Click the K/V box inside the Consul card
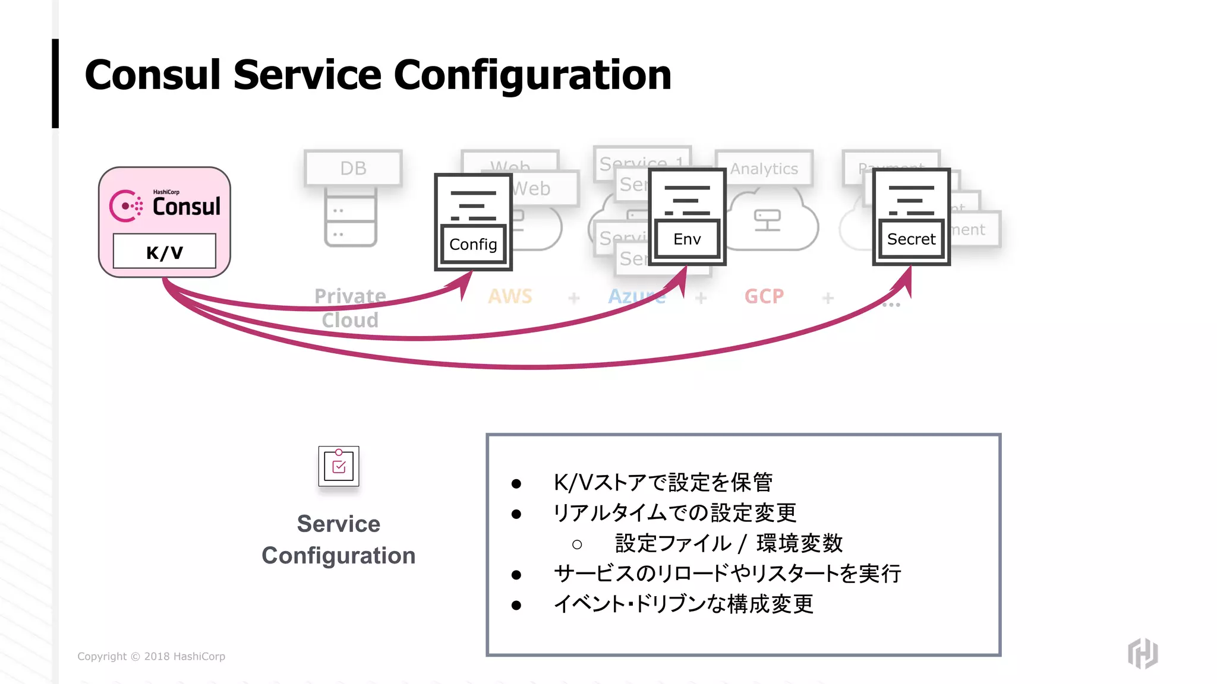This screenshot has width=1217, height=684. tap(164, 252)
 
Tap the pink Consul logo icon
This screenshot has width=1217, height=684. tap(125, 206)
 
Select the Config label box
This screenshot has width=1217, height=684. tap(473, 244)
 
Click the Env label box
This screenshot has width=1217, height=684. tap(687, 239)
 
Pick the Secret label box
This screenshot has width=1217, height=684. tap(911, 239)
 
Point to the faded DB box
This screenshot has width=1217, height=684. tap(353, 168)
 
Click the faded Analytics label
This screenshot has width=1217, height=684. tap(764, 169)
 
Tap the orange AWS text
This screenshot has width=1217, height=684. tap(510, 296)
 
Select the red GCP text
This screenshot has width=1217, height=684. tap(764, 296)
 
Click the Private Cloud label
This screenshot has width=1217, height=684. tap(350, 308)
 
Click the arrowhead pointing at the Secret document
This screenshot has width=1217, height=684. tap(906, 282)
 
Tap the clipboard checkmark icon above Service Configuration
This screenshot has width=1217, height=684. tap(339, 466)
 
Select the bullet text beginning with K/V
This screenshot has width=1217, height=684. tap(663, 482)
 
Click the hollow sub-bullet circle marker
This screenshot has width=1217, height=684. tap(577, 544)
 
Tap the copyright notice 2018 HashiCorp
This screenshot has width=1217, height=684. tap(151, 656)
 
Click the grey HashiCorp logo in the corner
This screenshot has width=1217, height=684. tap(1143, 653)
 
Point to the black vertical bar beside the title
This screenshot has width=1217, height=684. tap(55, 83)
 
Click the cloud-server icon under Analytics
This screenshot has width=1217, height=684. tap(767, 220)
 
